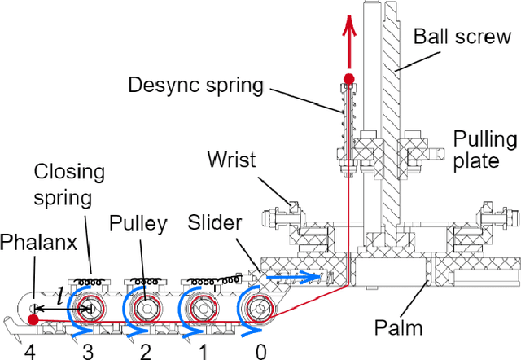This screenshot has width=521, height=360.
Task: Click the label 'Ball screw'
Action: click(x=461, y=37)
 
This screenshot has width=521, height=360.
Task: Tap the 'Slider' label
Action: click(x=213, y=223)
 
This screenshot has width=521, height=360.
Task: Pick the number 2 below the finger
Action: click(x=145, y=351)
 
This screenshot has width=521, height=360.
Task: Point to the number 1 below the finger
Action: click(x=204, y=351)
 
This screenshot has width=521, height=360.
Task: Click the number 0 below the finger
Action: click(x=260, y=351)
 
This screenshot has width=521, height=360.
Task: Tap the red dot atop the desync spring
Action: click(x=349, y=79)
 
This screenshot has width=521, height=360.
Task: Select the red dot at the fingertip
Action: click(x=32, y=319)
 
